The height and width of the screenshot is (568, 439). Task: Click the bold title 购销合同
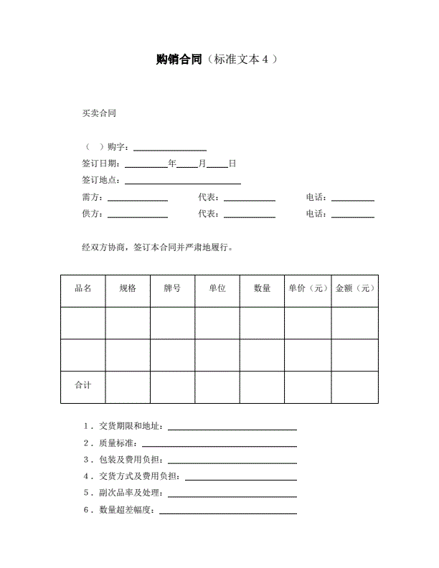pyautogui.click(x=179, y=60)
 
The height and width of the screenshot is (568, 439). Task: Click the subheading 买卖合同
pyautogui.click(x=99, y=113)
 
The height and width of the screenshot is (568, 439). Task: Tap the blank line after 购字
pyautogui.click(x=170, y=148)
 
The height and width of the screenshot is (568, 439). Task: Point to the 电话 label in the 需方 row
pyautogui.click(x=316, y=197)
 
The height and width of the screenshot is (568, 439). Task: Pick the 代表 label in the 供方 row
pyautogui.click(x=208, y=214)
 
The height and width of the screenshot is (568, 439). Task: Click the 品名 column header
pyautogui.click(x=82, y=288)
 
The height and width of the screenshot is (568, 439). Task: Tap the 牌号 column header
pyautogui.click(x=172, y=288)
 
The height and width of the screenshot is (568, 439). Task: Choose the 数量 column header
pyautogui.click(x=262, y=288)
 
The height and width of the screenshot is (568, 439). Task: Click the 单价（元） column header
pyautogui.click(x=308, y=288)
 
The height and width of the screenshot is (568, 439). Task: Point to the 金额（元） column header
pyautogui.click(x=355, y=288)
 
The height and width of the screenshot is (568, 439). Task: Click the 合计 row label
pyautogui.click(x=82, y=385)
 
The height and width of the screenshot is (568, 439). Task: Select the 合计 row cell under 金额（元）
pyautogui.click(x=354, y=387)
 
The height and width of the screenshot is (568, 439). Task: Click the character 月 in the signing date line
pyautogui.click(x=202, y=164)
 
